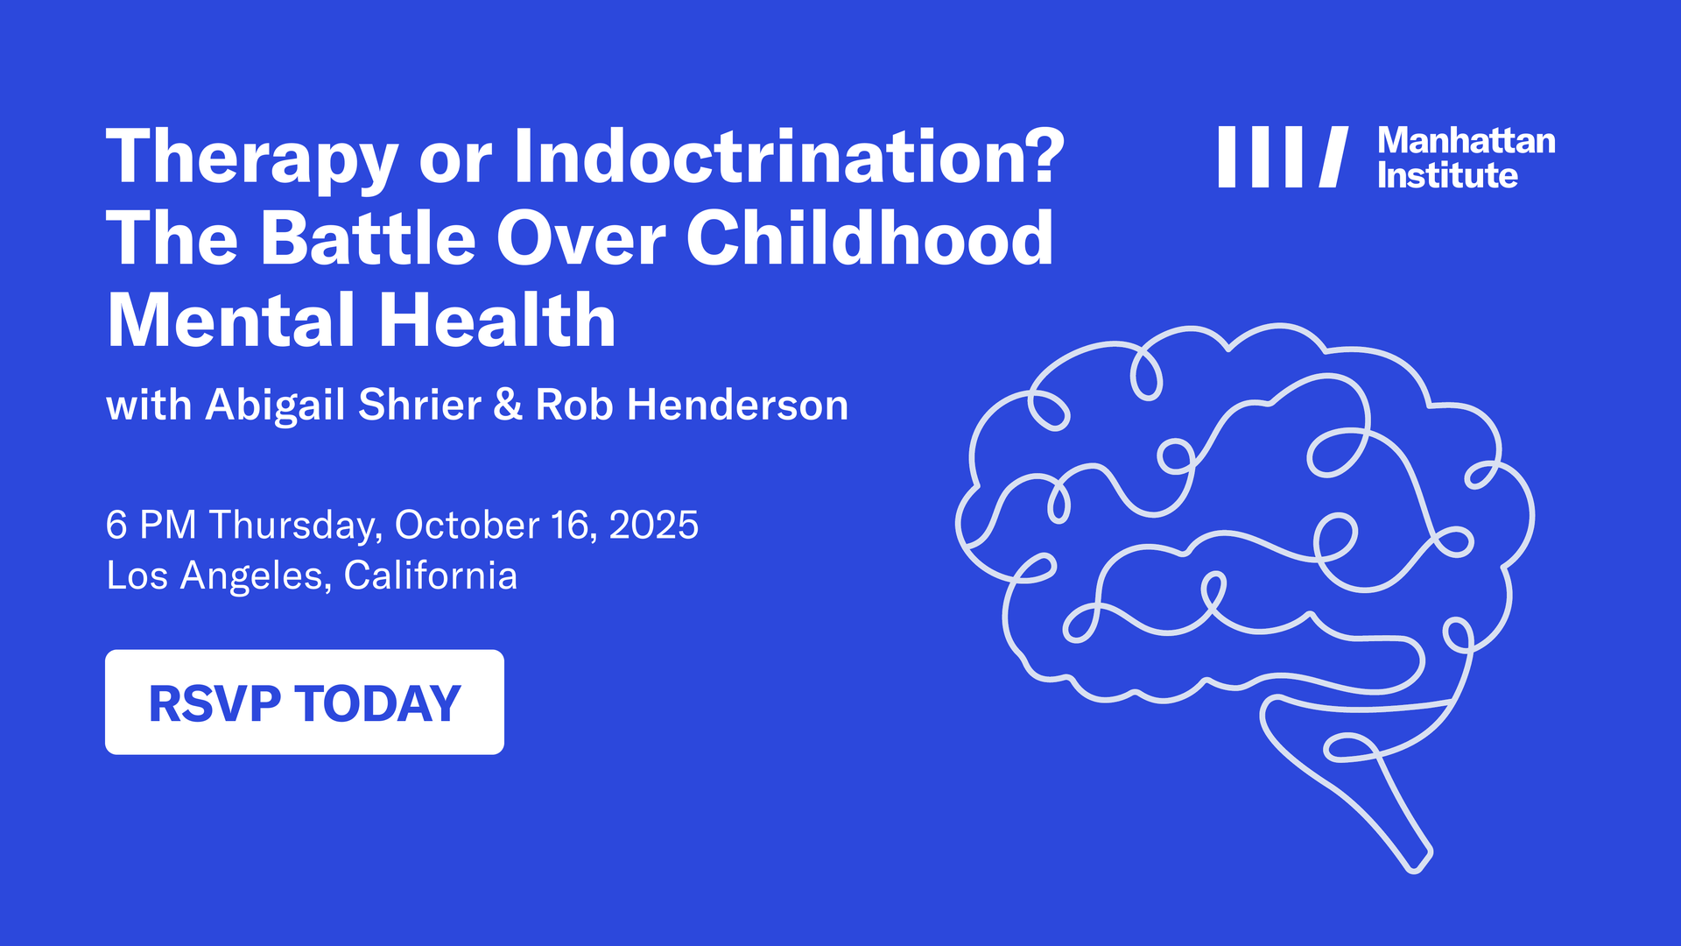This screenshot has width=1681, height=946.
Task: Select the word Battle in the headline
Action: pyautogui.click(x=368, y=238)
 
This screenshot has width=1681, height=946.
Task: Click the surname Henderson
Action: pyautogui.click(x=737, y=406)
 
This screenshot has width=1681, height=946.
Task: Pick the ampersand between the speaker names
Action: pyautogui.click(x=508, y=406)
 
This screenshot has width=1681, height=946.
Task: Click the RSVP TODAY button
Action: pyautogui.click(x=304, y=702)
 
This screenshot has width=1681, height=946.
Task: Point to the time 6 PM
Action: pyautogui.click(x=151, y=526)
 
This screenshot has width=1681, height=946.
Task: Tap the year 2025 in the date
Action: pyautogui.click(x=653, y=526)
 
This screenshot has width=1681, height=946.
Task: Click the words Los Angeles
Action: pyautogui.click(x=215, y=576)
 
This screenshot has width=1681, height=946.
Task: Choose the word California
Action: pyautogui.click(x=430, y=576)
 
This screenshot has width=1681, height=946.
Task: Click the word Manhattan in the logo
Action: pyautogui.click(x=1466, y=141)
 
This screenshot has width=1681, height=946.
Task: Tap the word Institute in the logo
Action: pyautogui.click(x=1446, y=176)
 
